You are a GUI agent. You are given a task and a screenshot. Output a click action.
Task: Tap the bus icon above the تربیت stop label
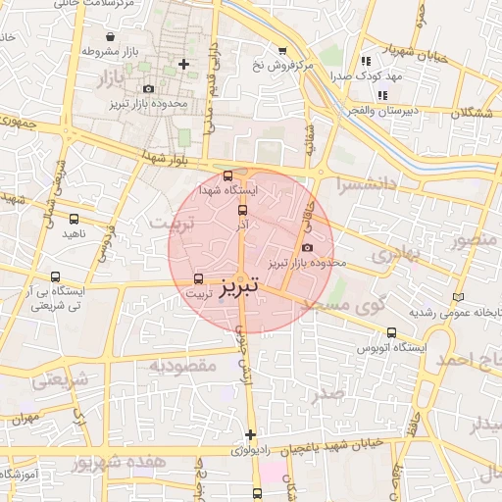coord(200,278)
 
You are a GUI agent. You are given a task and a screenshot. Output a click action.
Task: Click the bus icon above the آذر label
coord(243,208)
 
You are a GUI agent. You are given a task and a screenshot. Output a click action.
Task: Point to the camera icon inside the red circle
coord(309,247)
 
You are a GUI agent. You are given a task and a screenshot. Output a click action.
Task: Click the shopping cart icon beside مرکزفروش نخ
coord(282,51)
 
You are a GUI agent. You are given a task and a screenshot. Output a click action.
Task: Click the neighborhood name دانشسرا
coord(365,183)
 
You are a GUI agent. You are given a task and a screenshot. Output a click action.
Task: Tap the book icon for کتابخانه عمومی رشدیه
coord(457,297)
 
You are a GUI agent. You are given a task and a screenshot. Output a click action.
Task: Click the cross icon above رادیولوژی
coord(250,434)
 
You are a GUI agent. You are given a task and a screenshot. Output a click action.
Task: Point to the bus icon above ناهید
coord(75,219)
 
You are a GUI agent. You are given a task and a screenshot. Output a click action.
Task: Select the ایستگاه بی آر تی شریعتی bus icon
coord(55,277)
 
